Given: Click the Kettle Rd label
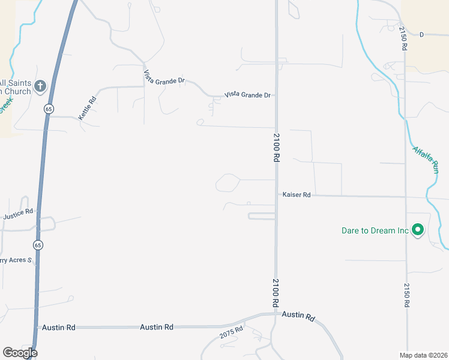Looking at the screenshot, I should coord(87,108).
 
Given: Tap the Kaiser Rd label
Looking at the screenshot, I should coord(297,195).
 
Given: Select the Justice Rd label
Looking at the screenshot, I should coord(17,214).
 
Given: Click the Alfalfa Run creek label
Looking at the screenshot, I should coord(425,160).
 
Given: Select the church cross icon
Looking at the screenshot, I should coord(40,86).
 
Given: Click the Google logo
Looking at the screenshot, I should coord(20,353).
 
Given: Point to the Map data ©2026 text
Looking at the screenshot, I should coord(424,355).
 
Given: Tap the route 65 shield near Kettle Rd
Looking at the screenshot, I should coord(48,109).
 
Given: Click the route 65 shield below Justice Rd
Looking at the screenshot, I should coord(38,245).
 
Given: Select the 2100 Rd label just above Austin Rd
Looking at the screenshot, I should coord(276,293).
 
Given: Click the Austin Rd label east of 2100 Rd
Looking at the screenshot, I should coord(298,316).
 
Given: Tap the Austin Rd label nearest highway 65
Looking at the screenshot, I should coord(58,328).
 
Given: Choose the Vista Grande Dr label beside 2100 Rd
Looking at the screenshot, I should coord(248,95).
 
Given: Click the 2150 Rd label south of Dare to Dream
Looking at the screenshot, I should coord(406,295).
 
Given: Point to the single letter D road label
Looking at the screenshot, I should coord(421,35).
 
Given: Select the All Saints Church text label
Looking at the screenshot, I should coord(15,87).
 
